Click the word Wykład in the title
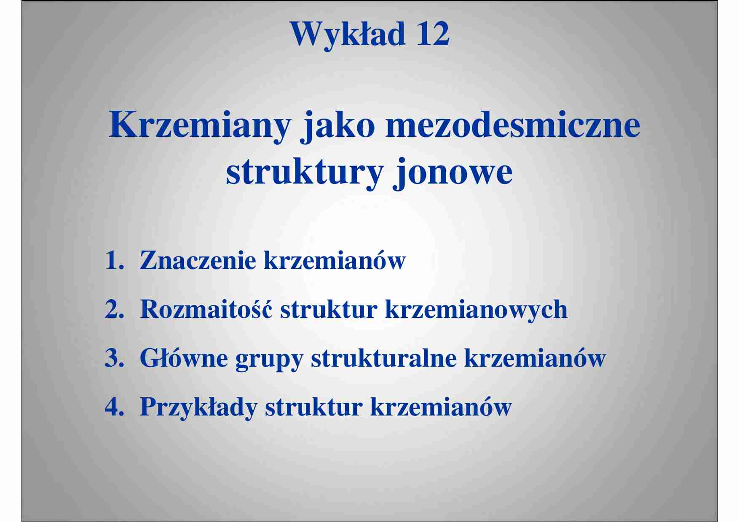pos(348,35)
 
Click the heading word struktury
pos(305,173)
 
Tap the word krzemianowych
pos(476,310)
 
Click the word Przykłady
pos(198,407)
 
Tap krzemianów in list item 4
pos(441,407)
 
